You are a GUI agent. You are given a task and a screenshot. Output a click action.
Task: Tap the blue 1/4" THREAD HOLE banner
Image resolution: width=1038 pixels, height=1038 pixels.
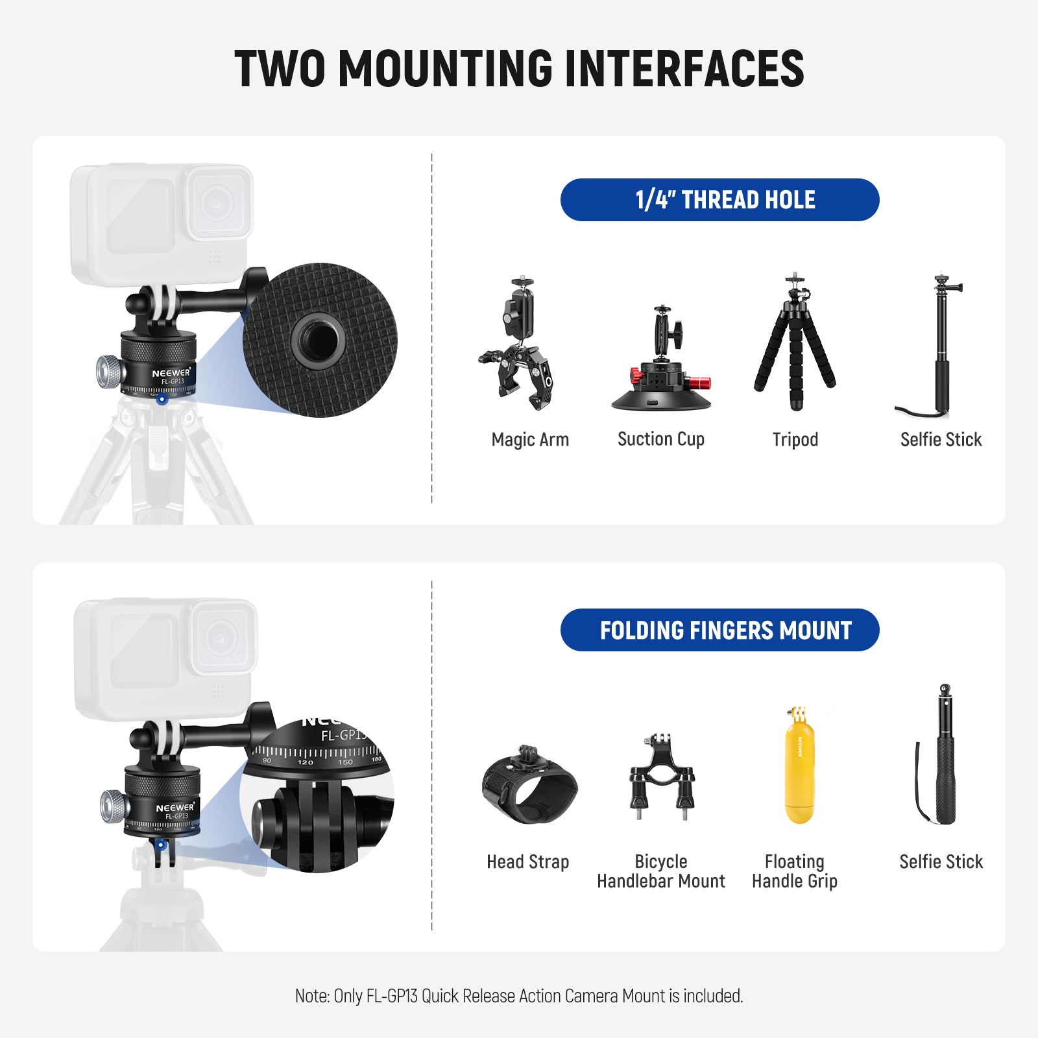719,200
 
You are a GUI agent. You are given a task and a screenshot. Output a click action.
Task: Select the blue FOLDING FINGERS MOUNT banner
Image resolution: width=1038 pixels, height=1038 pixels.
719,630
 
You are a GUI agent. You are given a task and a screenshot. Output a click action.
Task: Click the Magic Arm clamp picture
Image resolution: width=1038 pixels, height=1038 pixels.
518,344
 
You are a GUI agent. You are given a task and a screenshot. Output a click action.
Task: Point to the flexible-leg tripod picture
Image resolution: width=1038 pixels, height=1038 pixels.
795,342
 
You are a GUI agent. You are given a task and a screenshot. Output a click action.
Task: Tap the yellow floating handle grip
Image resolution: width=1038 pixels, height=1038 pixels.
799,766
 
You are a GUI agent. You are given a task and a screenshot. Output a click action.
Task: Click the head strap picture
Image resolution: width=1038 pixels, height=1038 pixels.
529,784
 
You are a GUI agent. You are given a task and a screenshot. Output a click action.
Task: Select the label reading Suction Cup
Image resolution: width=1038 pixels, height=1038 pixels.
661,439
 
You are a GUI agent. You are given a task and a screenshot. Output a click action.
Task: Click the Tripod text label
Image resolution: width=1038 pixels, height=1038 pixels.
795,440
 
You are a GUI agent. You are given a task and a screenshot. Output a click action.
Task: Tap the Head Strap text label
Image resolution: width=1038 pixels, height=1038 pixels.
528,862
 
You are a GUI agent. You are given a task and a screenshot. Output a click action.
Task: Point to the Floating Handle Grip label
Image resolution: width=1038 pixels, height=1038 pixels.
795,871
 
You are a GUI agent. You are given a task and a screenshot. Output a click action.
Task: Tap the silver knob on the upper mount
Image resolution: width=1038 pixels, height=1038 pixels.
109,372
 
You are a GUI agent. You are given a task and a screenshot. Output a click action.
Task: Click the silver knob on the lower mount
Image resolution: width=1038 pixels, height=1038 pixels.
113,806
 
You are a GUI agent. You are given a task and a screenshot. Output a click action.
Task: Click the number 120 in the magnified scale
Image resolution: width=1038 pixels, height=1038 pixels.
305,762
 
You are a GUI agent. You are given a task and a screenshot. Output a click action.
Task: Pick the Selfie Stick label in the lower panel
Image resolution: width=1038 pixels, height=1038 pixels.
941,862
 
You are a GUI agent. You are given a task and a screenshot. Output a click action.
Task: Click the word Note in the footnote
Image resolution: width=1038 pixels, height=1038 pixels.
312,996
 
